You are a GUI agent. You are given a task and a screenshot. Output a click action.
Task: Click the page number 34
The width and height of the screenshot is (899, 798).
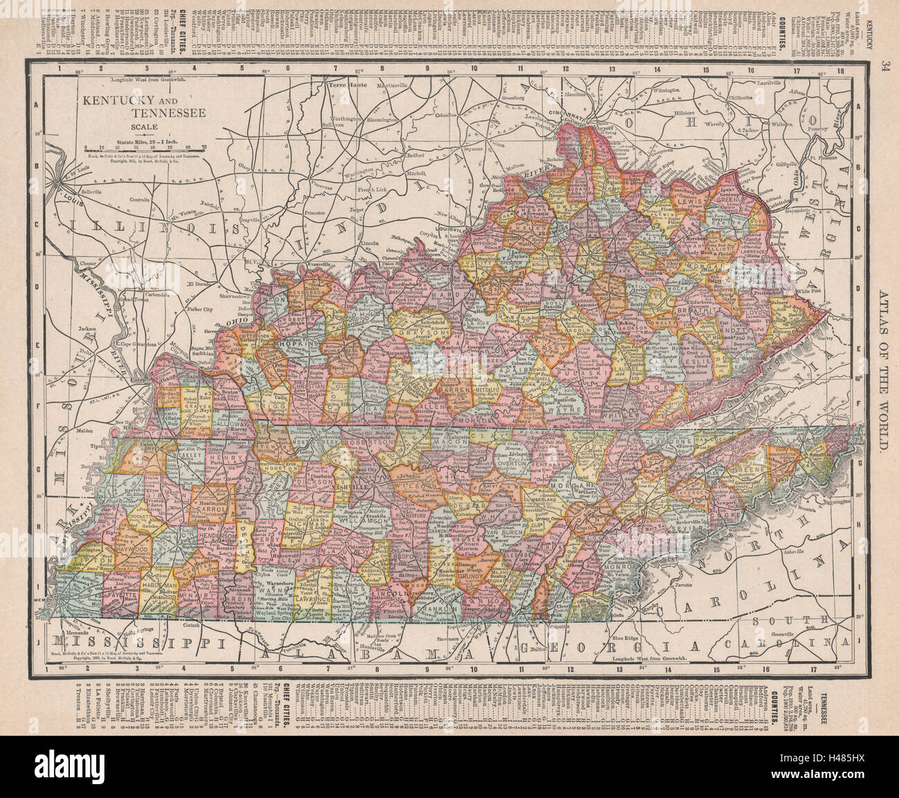[x=885, y=66]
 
